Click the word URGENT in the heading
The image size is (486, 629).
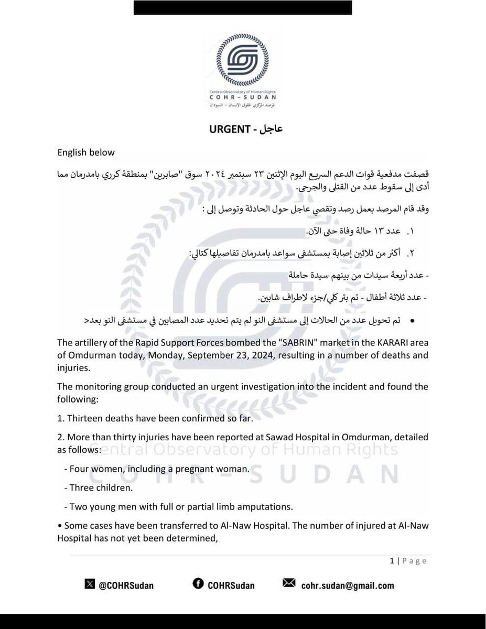click(x=221, y=129)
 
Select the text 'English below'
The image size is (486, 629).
click(x=86, y=153)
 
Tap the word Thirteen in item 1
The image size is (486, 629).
click(x=86, y=419)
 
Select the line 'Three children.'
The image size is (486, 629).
click(x=98, y=488)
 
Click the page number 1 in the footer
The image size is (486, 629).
click(x=392, y=561)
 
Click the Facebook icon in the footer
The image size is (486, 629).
click(x=198, y=584)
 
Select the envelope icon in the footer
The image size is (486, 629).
click(x=289, y=584)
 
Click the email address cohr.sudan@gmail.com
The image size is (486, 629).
click(x=348, y=585)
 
